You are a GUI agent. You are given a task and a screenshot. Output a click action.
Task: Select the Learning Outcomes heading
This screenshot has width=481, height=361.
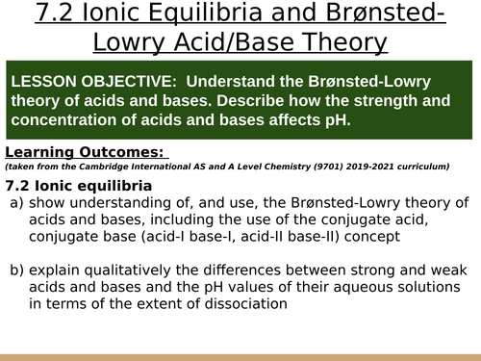point(87,152)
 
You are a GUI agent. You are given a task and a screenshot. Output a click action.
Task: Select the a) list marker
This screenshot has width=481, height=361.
point(17,203)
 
